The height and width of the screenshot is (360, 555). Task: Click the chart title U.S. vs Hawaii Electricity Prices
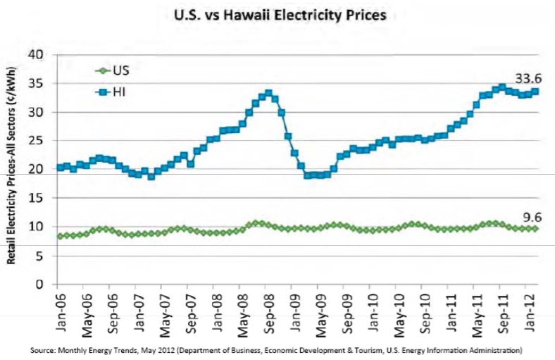pyautogui.click(x=280, y=15)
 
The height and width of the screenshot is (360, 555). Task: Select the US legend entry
pyautogui.click(x=112, y=70)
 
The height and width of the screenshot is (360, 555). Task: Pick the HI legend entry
pyautogui.click(x=111, y=92)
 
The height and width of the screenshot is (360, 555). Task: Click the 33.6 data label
pyautogui.click(x=528, y=79)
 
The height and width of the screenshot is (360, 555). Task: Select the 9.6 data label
pyautogui.click(x=532, y=218)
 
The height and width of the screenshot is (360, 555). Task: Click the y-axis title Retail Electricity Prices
pyautogui.click(x=11, y=165)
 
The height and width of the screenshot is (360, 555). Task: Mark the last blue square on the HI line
pyautogui.click(x=535, y=92)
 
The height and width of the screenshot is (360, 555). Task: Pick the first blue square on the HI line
pyautogui.click(x=60, y=168)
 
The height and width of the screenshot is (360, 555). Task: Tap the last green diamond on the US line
pyautogui.click(x=535, y=229)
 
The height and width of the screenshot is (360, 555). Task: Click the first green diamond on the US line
pyautogui.click(x=60, y=236)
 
